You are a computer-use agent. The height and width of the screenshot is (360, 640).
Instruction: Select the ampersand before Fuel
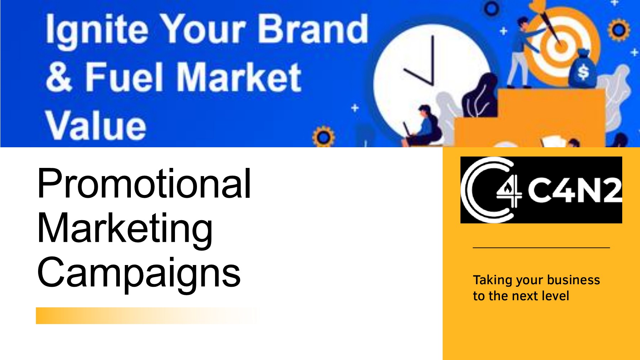[59, 77]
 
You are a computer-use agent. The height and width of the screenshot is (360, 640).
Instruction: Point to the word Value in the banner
[95, 125]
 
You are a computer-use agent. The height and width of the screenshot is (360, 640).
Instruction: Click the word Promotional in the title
[144, 184]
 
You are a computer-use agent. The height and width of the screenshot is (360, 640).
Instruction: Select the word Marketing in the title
[125, 228]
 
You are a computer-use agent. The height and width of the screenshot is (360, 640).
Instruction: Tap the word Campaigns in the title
[139, 273]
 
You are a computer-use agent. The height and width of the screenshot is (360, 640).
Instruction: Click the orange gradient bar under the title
[142, 316]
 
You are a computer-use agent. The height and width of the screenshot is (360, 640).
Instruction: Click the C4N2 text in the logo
[575, 190]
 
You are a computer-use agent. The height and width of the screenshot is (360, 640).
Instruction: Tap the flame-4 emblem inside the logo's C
[509, 192]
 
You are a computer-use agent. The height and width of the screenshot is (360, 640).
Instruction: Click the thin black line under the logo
[541, 247]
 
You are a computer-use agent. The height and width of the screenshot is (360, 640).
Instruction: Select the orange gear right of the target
[619, 30]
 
